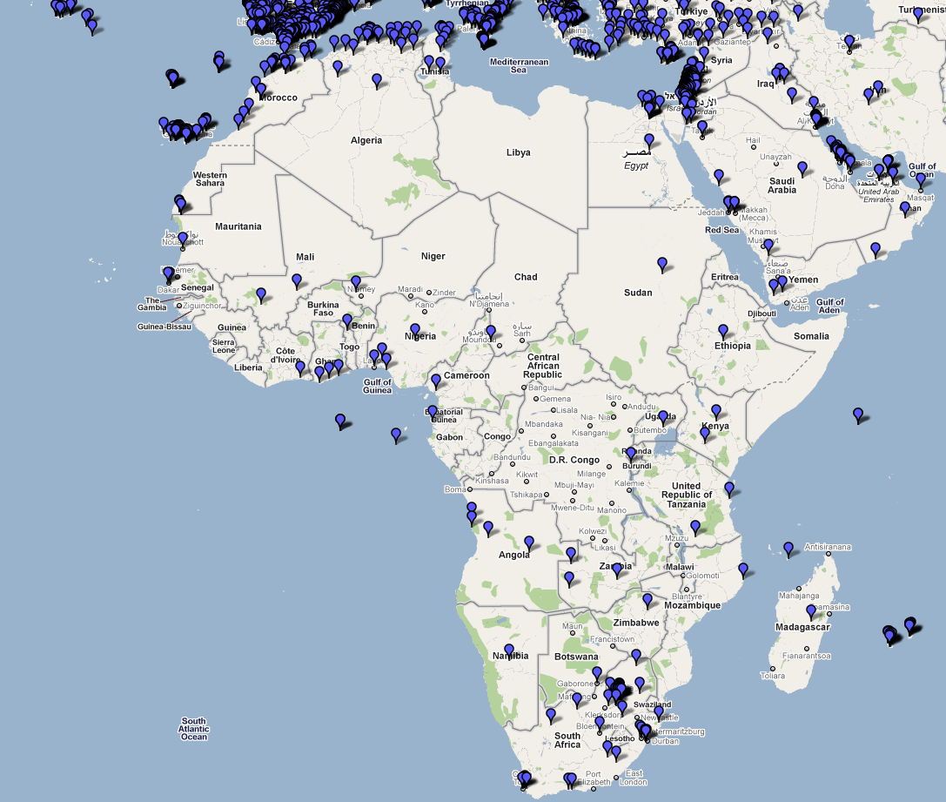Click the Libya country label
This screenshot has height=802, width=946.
click(x=518, y=152)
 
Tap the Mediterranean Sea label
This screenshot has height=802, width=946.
click(x=519, y=65)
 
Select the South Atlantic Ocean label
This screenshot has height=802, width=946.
click(x=194, y=729)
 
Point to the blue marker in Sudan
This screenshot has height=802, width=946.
click(x=662, y=263)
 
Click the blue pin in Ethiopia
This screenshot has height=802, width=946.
click(x=722, y=331)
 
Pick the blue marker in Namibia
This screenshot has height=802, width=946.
click(x=509, y=650)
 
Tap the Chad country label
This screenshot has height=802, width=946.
click(x=526, y=277)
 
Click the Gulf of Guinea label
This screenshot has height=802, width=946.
click(x=377, y=386)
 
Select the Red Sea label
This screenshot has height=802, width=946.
click(x=721, y=230)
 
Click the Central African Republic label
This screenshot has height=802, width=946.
click(x=543, y=366)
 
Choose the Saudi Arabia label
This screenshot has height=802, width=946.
click(x=782, y=185)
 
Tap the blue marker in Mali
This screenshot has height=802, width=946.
click(x=297, y=280)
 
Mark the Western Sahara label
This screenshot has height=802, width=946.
click(x=210, y=179)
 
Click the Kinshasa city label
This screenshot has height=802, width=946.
click(x=492, y=481)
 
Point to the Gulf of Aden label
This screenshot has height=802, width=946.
click(x=830, y=307)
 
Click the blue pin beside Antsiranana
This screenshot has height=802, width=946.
click(x=788, y=549)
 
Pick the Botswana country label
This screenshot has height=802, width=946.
click(x=575, y=657)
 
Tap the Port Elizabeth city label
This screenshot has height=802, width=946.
click(x=593, y=778)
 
